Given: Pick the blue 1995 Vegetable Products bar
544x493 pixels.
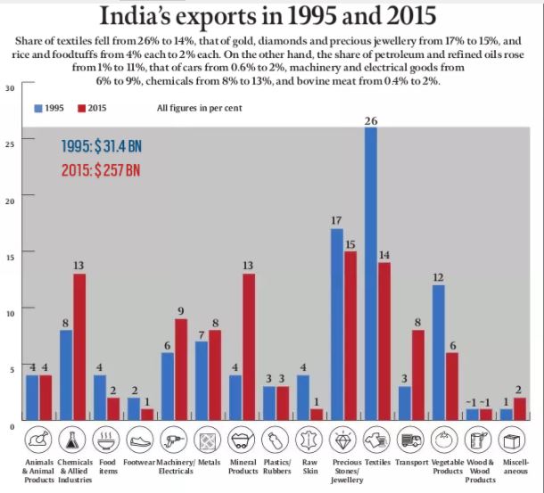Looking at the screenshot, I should click(x=438, y=352).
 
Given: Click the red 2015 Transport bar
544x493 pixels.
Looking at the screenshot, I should click(x=416, y=374).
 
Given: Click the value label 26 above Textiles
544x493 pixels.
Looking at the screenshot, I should click(x=370, y=120).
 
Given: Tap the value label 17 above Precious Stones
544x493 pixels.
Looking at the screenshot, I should click(x=336, y=221).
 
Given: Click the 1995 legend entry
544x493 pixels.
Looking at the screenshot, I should click(x=48, y=108).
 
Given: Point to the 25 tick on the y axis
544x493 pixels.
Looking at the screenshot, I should click(x=9, y=144).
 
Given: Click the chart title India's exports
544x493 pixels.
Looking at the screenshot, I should click(x=272, y=16).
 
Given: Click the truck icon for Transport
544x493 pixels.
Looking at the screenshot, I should click(x=409, y=440).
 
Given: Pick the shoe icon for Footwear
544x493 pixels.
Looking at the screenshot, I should click(x=140, y=440).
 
